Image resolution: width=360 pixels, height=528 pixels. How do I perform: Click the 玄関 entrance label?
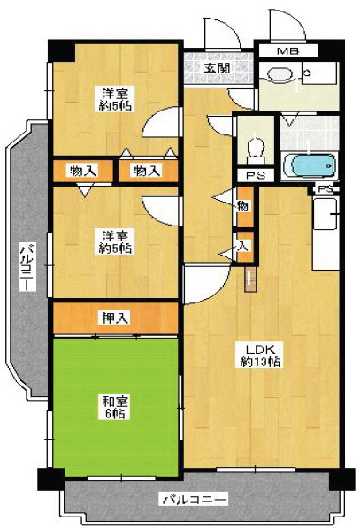pos(216,66)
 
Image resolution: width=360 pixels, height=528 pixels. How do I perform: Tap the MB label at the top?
pos(287,50)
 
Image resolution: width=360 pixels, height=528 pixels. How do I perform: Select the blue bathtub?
pos(310,166)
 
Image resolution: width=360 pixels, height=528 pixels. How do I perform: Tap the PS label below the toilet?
pos(256,176)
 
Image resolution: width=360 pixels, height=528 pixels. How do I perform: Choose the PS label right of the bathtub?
pos(326,189)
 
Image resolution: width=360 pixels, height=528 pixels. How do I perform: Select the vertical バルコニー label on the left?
pos(27,270)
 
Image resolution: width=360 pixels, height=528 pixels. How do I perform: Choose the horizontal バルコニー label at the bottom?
pos(194,500)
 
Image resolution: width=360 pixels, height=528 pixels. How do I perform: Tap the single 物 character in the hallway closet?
pos(242,206)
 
